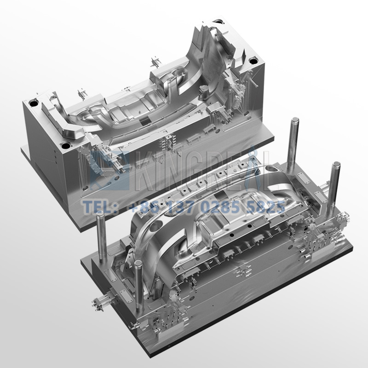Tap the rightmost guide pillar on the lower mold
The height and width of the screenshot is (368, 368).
[x=336, y=184]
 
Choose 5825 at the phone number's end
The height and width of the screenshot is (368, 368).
[x=265, y=208]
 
